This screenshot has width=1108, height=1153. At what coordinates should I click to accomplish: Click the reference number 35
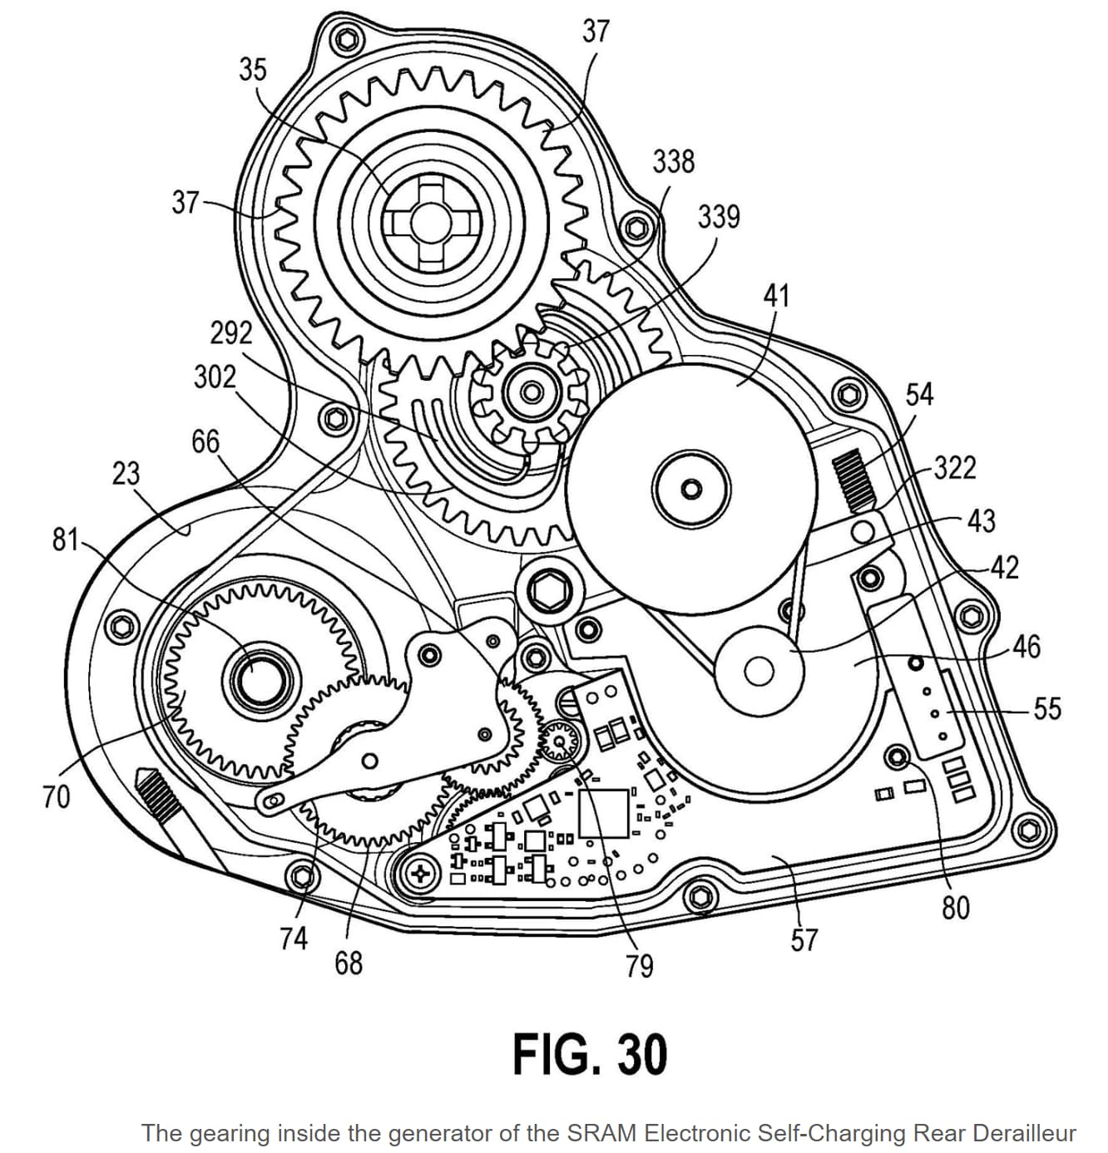click(x=253, y=69)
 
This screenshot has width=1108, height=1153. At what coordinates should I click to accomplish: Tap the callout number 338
click(x=674, y=162)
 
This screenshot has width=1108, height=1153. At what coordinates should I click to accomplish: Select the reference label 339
click(x=719, y=217)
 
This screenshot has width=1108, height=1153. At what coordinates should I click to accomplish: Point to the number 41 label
click(x=777, y=296)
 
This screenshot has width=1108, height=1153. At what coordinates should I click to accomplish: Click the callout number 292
click(x=231, y=333)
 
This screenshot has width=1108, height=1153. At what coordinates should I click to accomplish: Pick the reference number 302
click(x=215, y=377)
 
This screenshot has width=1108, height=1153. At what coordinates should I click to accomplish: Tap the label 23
click(x=126, y=473)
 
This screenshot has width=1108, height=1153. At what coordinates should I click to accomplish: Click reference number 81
click(x=65, y=540)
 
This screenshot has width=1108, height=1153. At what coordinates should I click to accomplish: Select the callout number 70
click(x=57, y=796)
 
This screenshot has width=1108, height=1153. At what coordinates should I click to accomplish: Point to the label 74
click(x=294, y=938)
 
